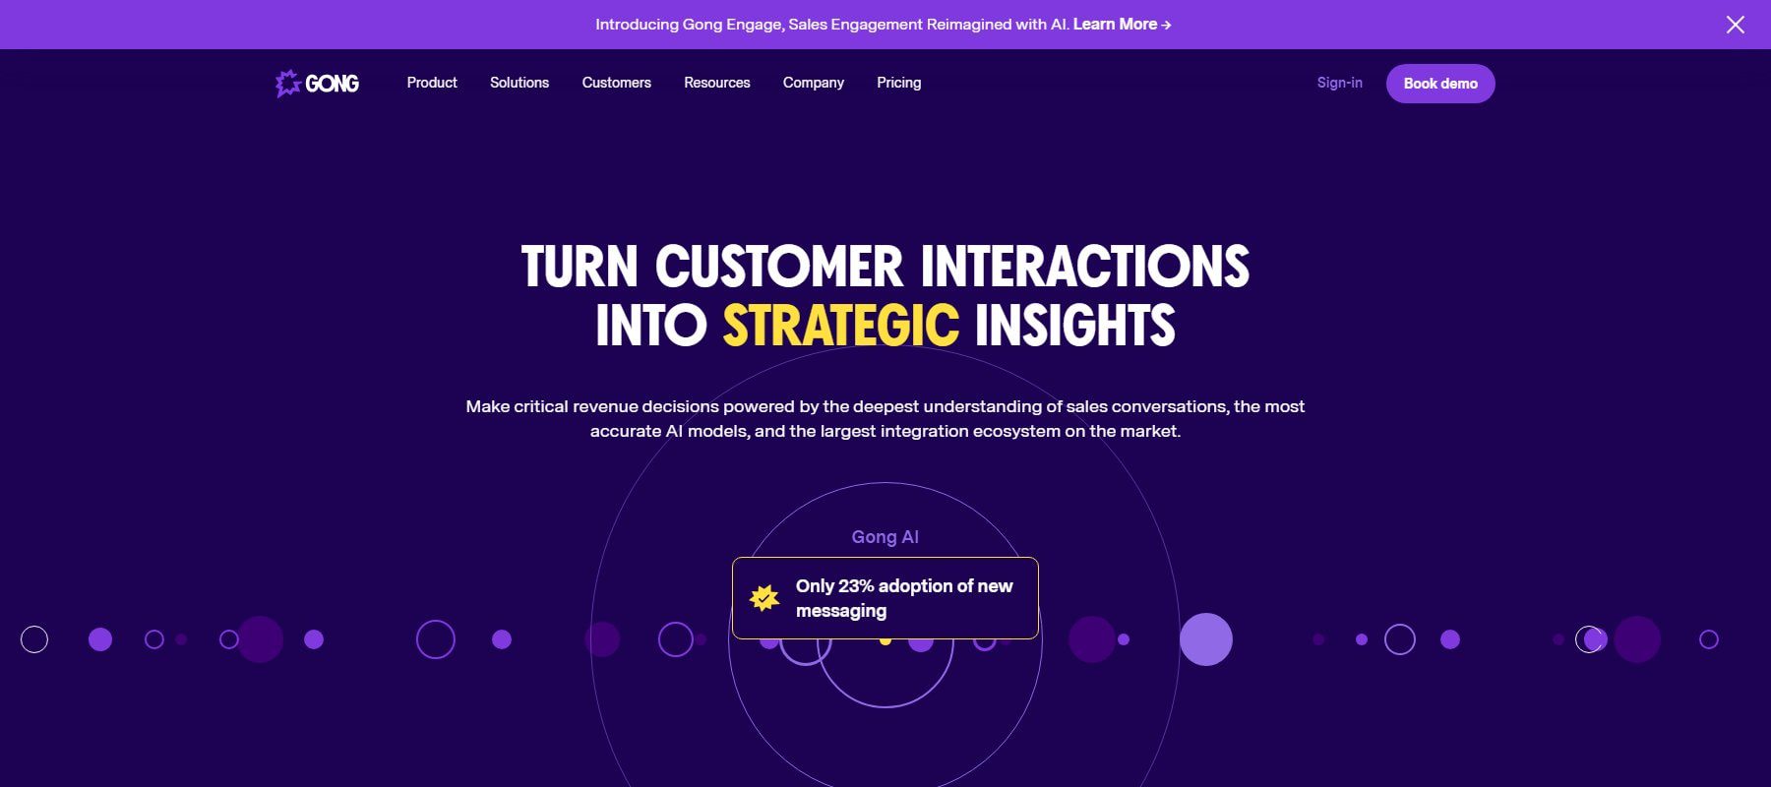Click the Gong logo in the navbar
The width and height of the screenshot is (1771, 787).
tap(317, 84)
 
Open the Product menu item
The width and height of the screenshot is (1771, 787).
tap(432, 83)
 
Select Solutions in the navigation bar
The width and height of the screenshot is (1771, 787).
tap(519, 83)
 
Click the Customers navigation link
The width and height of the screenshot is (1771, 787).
tap(616, 83)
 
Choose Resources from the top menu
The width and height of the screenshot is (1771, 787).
tap(717, 83)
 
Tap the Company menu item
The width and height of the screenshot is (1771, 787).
tap(814, 83)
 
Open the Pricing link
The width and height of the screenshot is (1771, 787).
tap(899, 83)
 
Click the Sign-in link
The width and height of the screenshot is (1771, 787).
tap(1340, 83)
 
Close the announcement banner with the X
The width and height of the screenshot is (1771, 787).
tap(1736, 25)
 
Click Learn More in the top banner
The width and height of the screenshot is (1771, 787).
tap(1122, 25)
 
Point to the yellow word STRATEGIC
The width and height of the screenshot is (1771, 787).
tap(841, 326)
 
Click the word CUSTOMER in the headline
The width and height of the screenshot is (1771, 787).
tap(778, 267)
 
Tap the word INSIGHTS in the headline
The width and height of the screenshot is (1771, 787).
tap(1074, 326)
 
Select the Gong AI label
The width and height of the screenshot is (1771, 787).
tap(885, 537)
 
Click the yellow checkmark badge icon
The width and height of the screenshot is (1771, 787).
tap(764, 597)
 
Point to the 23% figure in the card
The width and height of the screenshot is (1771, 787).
tap(856, 586)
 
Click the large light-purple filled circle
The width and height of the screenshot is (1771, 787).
tap(1206, 639)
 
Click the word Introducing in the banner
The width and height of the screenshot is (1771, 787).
tap(637, 25)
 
